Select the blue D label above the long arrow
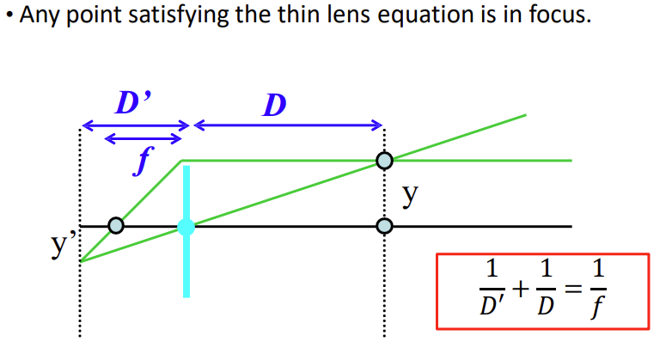click(275, 106)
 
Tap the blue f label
click(137, 162)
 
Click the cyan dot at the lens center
click(186, 227)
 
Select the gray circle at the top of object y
click(384, 161)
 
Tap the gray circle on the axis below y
click(384, 227)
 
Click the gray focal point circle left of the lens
click(114, 227)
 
